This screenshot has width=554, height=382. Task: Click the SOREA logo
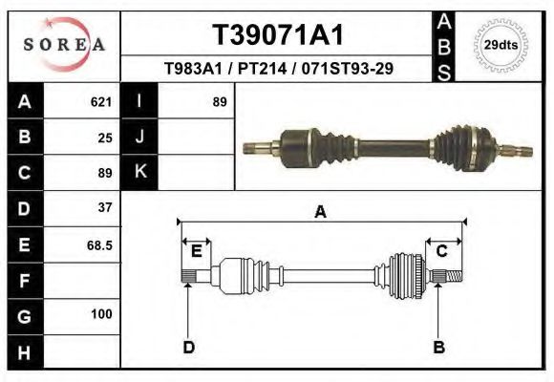tap(64, 45)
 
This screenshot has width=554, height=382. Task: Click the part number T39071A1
tap(277, 35)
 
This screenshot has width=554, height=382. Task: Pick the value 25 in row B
tap(105, 138)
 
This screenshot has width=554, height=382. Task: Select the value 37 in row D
tap(105, 207)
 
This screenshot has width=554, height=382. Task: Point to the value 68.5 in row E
tap(100, 244)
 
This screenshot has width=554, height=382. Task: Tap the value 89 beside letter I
tap(219, 102)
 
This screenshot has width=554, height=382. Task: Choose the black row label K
tap(139, 172)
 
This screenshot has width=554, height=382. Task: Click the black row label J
tap(139, 138)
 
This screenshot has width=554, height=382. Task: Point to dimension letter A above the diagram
tap(321, 213)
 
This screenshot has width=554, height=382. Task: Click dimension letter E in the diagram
tap(196, 251)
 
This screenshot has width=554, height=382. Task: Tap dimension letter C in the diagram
tap(442, 251)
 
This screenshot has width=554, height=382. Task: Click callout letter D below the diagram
tap(188, 348)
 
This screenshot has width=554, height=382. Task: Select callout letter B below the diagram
tap(439, 348)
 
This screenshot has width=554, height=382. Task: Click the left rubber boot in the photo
tap(330, 144)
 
